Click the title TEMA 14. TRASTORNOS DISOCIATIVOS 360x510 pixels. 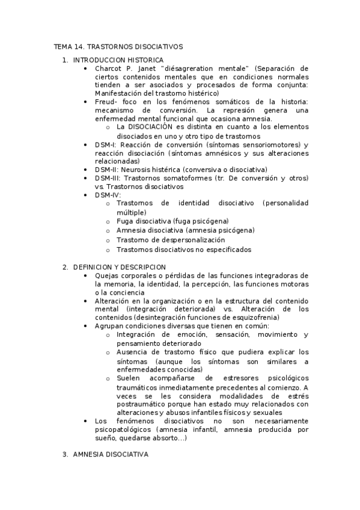pyautogui.click(x=118, y=46)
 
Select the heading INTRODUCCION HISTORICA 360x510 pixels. pyautogui.click(x=118, y=60)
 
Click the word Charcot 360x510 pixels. pyautogui.click(x=108, y=69)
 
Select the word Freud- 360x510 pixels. pyautogui.click(x=106, y=102)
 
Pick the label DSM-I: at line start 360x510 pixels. pyautogui.click(x=106, y=145)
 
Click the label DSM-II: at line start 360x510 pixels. pyautogui.click(x=108, y=170)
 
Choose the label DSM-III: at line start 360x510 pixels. pyautogui.click(x=109, y=179)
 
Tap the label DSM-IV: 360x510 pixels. pyautogui.click(x=108, y=195)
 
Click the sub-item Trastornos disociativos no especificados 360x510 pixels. pyautogui.click(x=184, y=250)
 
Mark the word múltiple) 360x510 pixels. pyautogui.click(x=131, y=212)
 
